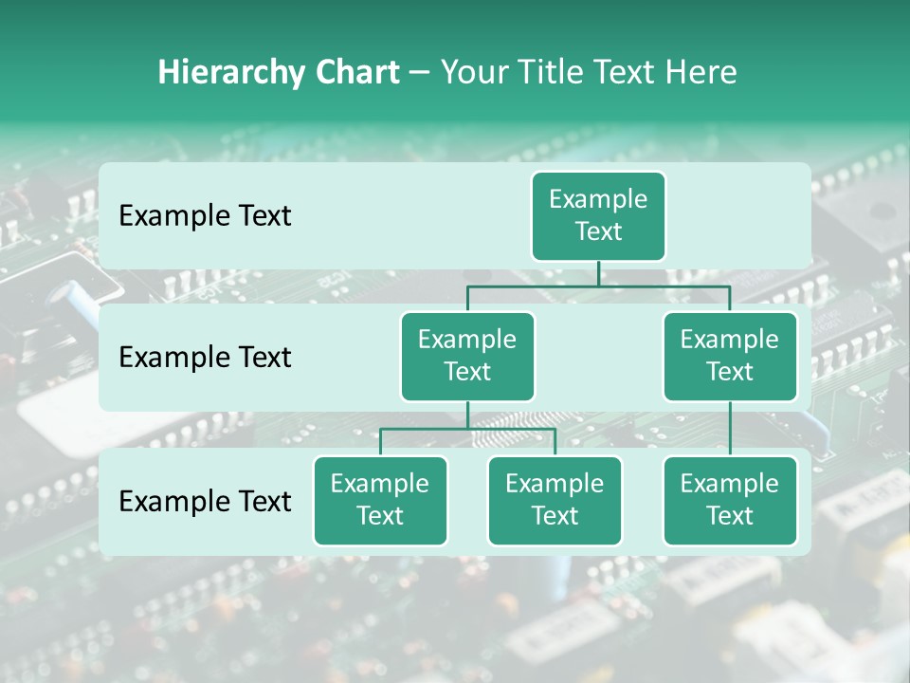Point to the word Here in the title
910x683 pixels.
tap(702, 72)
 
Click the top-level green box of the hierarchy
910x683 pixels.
tap(598, 215)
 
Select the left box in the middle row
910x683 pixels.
tap(467, 356)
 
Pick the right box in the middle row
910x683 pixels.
tap(730, 356)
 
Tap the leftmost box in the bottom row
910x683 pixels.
tap(380, 500)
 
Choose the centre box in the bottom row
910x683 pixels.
tap(555, 500)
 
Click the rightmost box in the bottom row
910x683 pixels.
tap(730, 500)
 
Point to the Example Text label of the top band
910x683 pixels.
tap(205, 215)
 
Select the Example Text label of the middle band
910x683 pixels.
tap(205, 357)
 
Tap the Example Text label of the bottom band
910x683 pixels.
tap(205, 501)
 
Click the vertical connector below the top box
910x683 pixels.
tap(598, 273)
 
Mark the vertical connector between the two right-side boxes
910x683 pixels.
tap(730, 429)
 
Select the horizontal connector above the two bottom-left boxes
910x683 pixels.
tap(467, 429)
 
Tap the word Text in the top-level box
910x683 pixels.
tap(598, 231)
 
